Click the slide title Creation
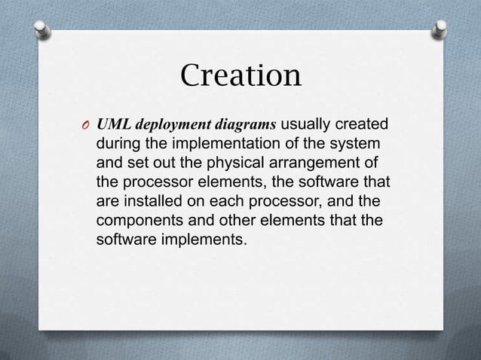[x=240, y=76]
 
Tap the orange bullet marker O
[x=85, y=126]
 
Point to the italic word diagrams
[x=248, y=124]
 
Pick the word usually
[x=308, y=124]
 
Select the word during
[x=119, y=143]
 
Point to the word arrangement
[x=318, y=163]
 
